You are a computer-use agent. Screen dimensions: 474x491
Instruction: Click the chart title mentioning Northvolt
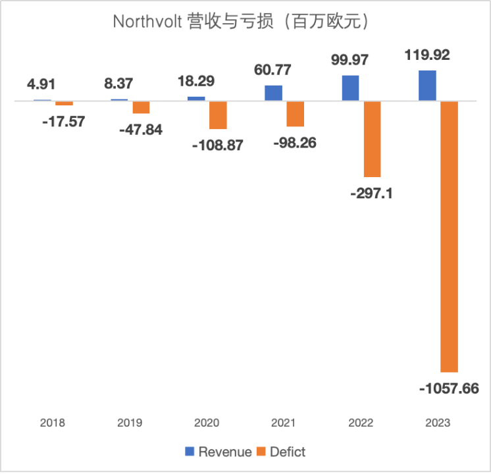tap(245, 21)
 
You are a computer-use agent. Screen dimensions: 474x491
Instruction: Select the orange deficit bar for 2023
tap(450, 237)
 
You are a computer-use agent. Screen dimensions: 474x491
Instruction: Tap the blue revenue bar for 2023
tap(428, 86)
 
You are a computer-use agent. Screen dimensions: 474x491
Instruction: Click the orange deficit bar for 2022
tap(373, 139)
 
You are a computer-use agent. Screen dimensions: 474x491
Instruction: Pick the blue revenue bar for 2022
tap(351, 88)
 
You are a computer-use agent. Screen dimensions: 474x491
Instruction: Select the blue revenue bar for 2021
tap(274, 93)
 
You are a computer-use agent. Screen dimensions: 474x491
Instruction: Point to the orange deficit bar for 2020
tap(218, 115)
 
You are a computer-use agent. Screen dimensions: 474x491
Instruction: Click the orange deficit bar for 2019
tap(141, 107)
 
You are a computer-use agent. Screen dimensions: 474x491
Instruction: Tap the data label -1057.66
tap(449, 388)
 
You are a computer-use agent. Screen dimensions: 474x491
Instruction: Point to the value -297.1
tap(372, 194)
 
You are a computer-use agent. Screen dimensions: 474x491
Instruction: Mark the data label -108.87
tap(217, 145)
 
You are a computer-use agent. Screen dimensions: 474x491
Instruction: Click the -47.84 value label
tap(140, 129)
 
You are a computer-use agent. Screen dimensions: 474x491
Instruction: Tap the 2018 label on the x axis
tap(53, 423)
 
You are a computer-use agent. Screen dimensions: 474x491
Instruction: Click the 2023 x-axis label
tap(438, 423)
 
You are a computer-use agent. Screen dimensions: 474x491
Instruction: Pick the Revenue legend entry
tap(218, 452)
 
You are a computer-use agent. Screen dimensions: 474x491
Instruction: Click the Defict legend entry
tap(280, 452)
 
